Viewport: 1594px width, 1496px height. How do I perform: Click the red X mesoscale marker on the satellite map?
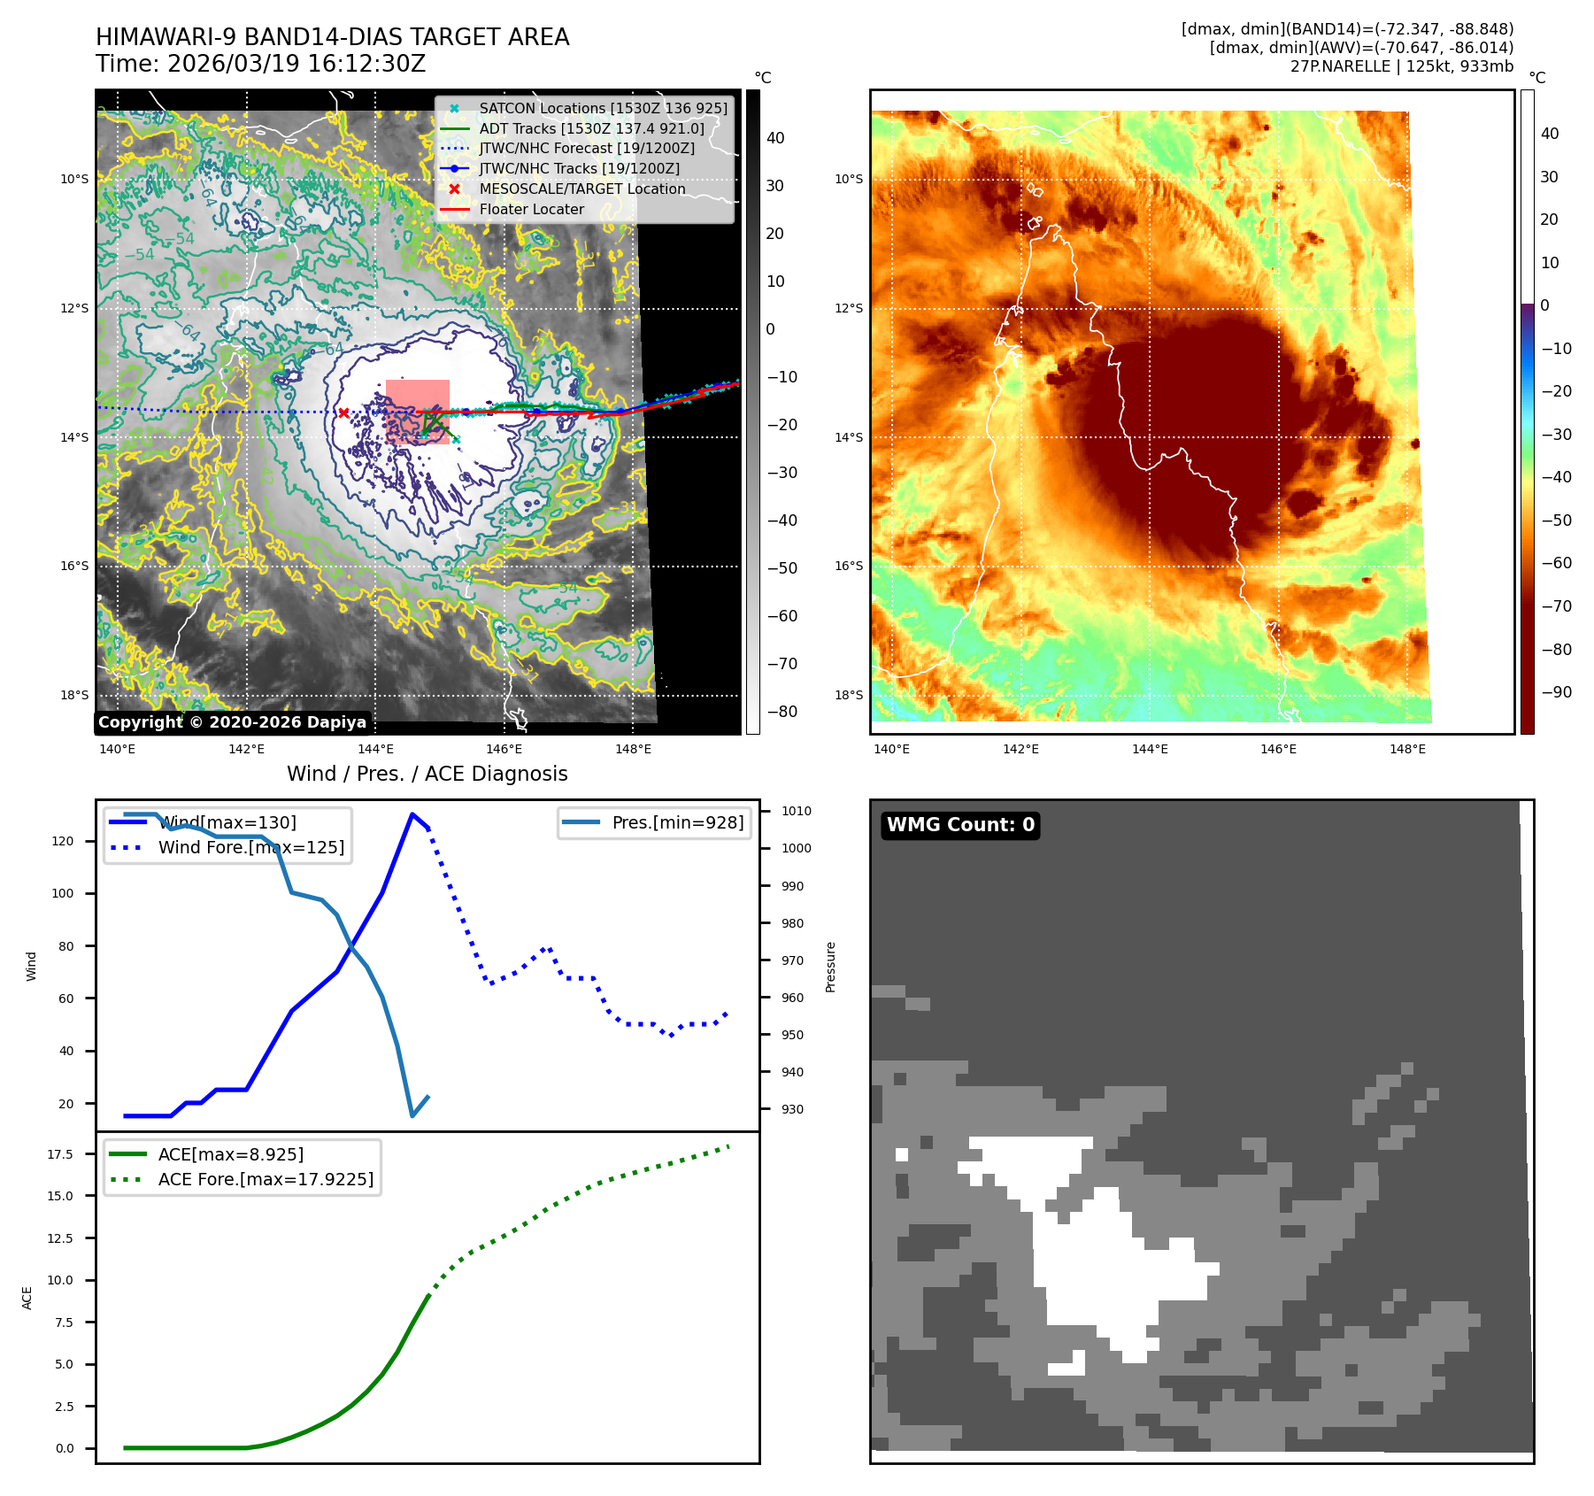pyautogui.click(x=343, y=413)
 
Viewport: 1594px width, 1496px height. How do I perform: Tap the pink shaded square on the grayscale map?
pyautogui.click(x=418, y=412)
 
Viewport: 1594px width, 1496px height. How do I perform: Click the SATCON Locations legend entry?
pyautogui.click(x=603, y=108)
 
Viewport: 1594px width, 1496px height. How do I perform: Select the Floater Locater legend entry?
pyautogui.click(x=531, y=209)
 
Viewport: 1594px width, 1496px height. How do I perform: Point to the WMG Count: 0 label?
pyautogui.click(x=960, y=825)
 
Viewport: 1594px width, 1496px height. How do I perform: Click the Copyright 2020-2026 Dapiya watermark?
pyautogui.click(x=232, y=722)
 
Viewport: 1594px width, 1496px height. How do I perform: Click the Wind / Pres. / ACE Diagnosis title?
pyautogui.click(x=427, y=774)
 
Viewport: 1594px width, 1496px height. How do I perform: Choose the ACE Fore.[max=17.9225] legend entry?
pyautogui.click(x=266, y=1179)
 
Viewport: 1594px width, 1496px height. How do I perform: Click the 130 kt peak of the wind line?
pyautogui.click(x=412, y=814)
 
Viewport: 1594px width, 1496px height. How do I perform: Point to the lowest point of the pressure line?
pyautogui.click(x=412, y=1115)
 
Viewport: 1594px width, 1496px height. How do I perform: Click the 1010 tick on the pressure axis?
pyautogui.click(x=796, y=811)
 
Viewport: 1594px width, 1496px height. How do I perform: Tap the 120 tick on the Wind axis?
pyautogui.click(x=63, y=841)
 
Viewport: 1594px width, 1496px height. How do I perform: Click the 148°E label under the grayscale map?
pyautogui.click(x=633, y=749)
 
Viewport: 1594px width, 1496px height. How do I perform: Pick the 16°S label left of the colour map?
pyautogui.click(x=848, y=566)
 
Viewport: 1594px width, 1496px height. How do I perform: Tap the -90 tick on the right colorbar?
pyautogui.click(x=1556, y=692)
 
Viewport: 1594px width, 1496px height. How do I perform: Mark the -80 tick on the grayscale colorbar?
pyautogui.click(x=782, y=712)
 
